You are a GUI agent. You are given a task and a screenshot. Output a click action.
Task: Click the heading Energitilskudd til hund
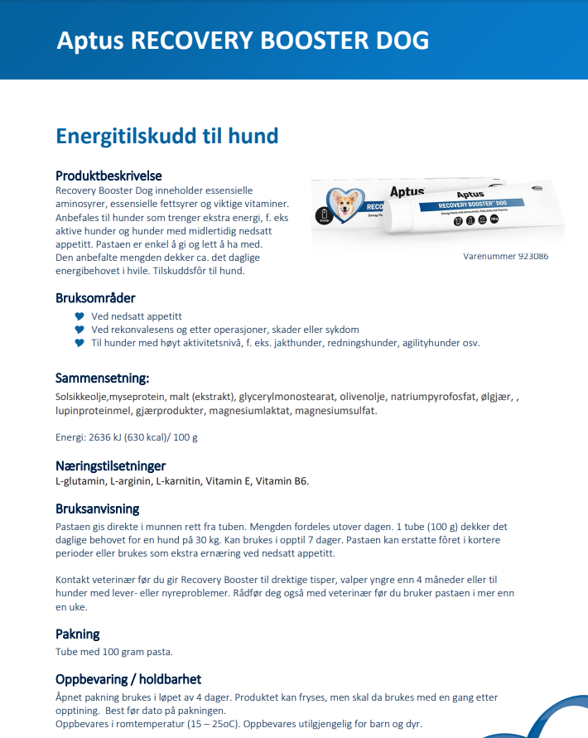tap(166, 136)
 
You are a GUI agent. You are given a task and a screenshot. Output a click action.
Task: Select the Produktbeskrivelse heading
tap(108, 176)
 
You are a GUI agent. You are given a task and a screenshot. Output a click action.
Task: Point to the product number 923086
tap(531, 257)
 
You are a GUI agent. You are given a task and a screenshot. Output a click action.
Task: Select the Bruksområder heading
tap(95, 297)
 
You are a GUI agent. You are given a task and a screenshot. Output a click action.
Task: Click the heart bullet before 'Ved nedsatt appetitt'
tap(80, 316)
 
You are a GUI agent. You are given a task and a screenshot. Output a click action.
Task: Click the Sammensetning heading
tap(102, 378)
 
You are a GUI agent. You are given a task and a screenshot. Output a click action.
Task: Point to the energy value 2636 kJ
tap(107, 437)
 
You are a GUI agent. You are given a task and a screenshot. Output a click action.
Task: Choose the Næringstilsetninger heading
tap(110, 465)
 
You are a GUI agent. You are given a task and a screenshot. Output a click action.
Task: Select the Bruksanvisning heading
tap(97, 509)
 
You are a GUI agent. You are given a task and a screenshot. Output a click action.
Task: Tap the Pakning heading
tap(77, 634)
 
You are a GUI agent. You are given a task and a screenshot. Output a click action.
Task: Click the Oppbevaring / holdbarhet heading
tap(128, 679)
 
